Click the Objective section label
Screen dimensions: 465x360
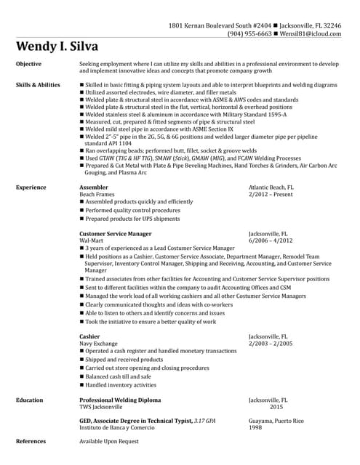pos(28,64)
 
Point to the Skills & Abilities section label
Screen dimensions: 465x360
pos(38,85)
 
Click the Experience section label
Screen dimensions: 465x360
pos(31,187)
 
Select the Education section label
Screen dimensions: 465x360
pos(29,400)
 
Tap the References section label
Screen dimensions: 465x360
pos(31,441)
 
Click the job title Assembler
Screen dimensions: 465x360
pos(93,187)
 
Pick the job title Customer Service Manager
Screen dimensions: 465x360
pos(115,234)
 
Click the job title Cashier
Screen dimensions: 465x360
pos(89,336)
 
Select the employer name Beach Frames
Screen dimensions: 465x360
pos(97,194)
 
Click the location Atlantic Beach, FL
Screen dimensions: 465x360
pos(271,187)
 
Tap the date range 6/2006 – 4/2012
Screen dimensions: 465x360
pos(271,240)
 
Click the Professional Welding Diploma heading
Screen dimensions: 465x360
pos(120,400)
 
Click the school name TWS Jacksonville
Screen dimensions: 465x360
pos(100,407)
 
